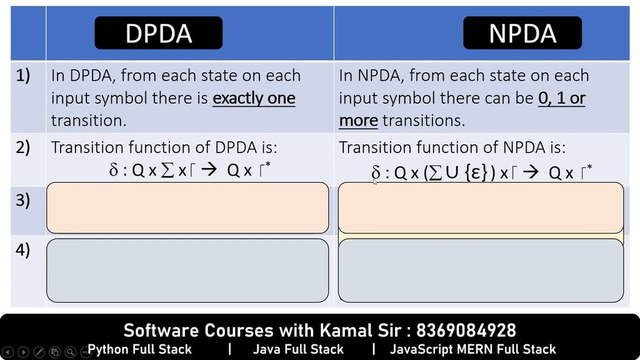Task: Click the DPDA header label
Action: tap(158, 32)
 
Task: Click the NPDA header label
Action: tap(522, 32)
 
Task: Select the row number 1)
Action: tap(23, 76)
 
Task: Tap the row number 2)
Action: tap(23, 147)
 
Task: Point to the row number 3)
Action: tap(23, 200)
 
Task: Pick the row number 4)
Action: tap(23, 249)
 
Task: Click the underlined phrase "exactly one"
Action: tap(254, 98)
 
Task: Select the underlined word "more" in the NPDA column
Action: tap(358, 121)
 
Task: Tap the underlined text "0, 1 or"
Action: tap(562, 98)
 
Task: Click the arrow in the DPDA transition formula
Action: tap(209, 169)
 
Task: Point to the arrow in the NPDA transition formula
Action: tap(531, 172)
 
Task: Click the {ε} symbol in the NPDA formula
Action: tap(476, 172)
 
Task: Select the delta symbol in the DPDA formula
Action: tap(114, 169)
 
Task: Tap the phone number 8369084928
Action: tap(466, 330)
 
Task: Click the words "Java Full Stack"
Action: tap(298, 349)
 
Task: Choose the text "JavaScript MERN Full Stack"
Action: tap(472, 349)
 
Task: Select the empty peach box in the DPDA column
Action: tap(187, 207)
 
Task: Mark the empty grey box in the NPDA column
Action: tap(481, 271)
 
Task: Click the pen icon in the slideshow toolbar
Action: tap(39, 352)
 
